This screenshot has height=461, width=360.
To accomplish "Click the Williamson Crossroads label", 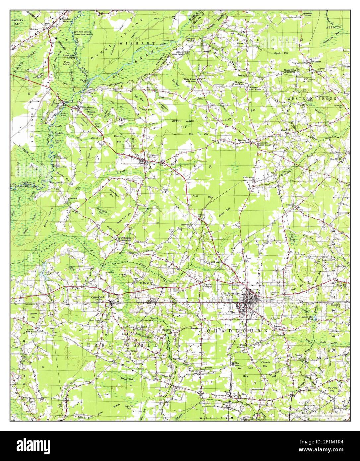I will click(x=123, y=239).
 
